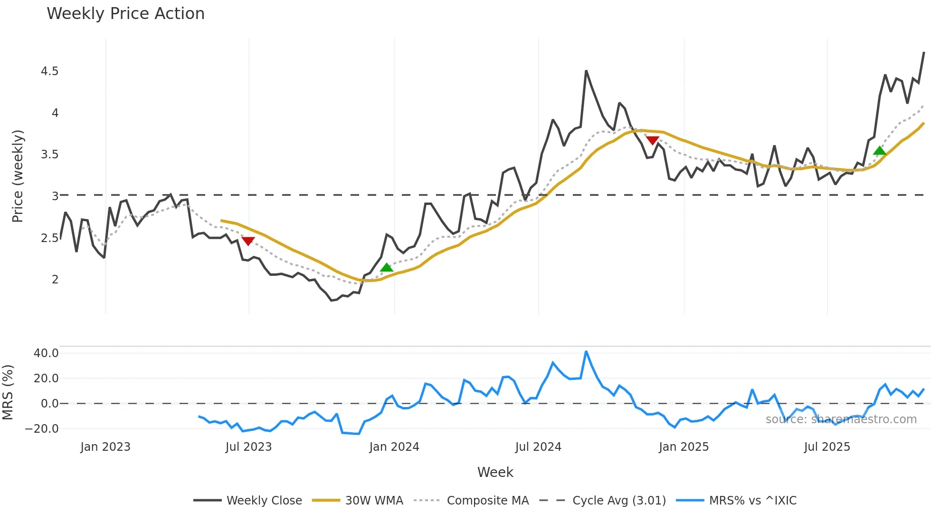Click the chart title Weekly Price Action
point(125,14)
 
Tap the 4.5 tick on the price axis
point(49,71)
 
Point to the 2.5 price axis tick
point(49,238)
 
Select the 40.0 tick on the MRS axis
point(46,353)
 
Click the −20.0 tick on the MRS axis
point(42,428)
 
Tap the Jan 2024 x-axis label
point(394,447)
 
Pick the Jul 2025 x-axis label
point(826,447)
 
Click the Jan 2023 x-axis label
point(105,447)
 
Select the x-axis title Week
point(495,472)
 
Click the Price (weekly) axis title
point(18,176)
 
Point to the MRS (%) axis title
point(8,392)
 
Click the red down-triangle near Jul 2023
point(248,241)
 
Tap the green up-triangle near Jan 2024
point(387,267)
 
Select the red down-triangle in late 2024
point(653,140)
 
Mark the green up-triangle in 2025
point(880,151)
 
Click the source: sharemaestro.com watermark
point(841,419)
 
